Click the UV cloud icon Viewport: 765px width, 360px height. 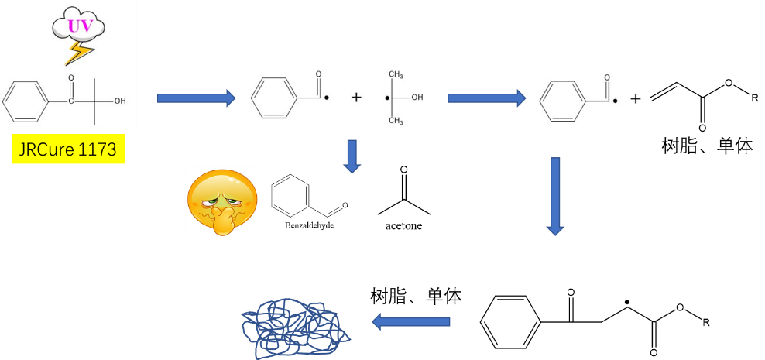pyautogui.click(x=78, y=26)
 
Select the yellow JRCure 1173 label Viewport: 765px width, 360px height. pyautogui.click(x=68, y=149)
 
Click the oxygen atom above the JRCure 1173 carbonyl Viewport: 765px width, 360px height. pyautogui.click(x=71, y=79)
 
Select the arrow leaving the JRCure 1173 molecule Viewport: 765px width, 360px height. pyautogui.click(x=196, y=98)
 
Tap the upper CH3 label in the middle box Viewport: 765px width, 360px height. pyautogui.click(x=396, y=75)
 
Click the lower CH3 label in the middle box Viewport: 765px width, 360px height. pyautogui.click(x=396, y=121)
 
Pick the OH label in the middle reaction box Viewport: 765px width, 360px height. pyautogui.click(x=417, y=98)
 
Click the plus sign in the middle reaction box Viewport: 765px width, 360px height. pyautogui.click(x=356, y=98)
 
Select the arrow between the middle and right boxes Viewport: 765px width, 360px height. pyautogui.click(x=486, y=98)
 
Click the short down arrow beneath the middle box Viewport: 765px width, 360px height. pyautogui.click(x=352, y=156)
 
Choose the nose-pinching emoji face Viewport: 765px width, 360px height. pyautogui.click(x=221, y=202)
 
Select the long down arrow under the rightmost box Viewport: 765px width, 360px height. pyautogui.click(x=555, y=196)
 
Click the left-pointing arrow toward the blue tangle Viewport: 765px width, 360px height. pyautogui.click(x=411, y=321)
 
